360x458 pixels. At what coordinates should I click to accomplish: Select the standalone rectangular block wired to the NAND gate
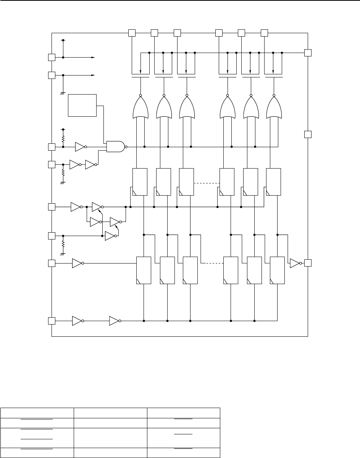82,104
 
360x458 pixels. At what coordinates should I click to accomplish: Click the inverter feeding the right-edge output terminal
295,263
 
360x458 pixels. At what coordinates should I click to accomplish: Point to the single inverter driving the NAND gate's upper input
80,146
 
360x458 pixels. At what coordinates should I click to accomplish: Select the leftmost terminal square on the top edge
131,33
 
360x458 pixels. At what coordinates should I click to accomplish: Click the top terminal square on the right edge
308,53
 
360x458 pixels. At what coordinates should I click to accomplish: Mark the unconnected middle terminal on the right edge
308,134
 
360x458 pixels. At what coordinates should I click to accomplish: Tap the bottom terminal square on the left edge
52,321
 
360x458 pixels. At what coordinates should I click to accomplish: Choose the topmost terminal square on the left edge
52,58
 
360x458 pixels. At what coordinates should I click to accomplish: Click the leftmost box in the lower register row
144,270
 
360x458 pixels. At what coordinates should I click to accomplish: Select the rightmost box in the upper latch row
273,182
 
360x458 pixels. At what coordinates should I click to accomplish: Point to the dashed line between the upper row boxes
207,183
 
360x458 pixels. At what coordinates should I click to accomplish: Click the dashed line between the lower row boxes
210,263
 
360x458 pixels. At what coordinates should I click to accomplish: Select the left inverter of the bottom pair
77,321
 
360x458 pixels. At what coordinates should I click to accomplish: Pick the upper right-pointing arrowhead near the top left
93,58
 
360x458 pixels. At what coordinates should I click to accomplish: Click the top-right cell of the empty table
184,413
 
